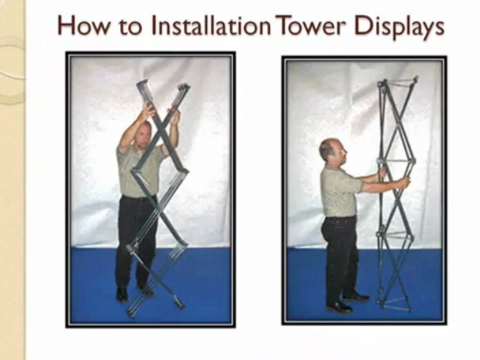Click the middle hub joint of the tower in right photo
click(396, 161)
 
